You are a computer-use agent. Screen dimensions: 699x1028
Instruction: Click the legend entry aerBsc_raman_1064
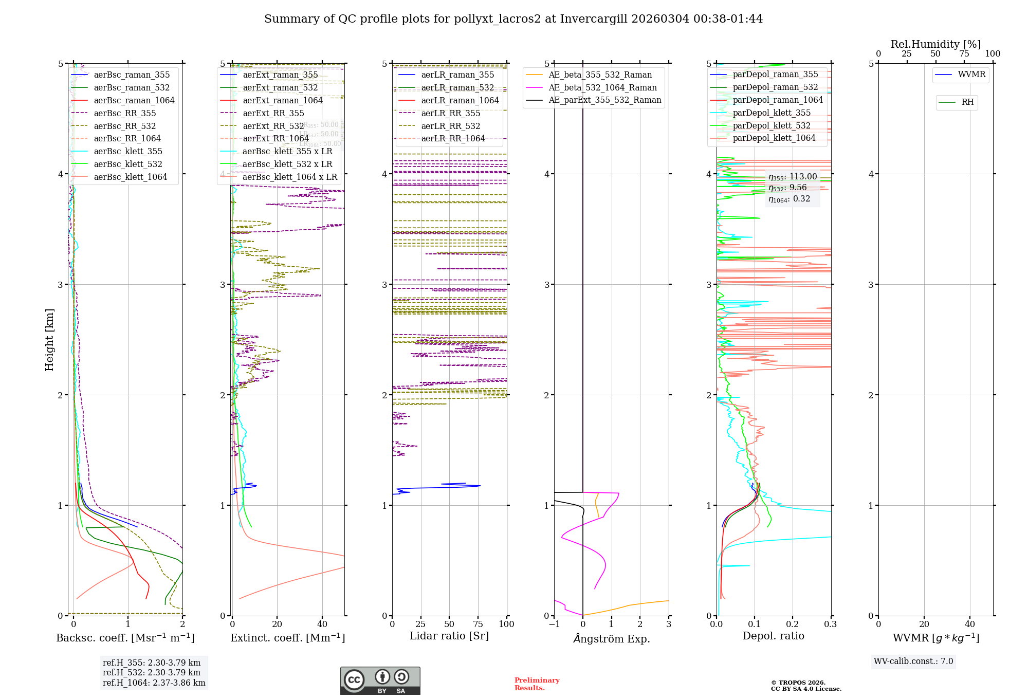click(x=134, y=101)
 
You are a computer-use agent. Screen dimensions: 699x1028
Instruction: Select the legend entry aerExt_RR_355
click(x=273, y=114)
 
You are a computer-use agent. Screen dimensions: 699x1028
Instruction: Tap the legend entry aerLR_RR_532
click(x=450, y=126)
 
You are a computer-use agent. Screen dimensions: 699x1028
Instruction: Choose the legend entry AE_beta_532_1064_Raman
click(x=602, y=88)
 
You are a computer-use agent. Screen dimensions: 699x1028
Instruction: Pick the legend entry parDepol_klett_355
click(x=772, y=113)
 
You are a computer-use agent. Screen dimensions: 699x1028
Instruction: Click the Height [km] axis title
click(x=49, y=340)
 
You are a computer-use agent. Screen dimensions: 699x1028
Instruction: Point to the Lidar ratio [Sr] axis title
click(x=449, y=636)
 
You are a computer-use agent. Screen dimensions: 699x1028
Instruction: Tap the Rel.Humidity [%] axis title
click(x=935, y=44)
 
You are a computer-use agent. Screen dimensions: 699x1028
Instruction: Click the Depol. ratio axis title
click(x=773, y=636)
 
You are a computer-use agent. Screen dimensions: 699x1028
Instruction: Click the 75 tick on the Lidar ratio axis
click(x=478, y=624)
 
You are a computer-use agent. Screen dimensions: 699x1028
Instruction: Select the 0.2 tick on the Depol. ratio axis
click(x=792, y=624)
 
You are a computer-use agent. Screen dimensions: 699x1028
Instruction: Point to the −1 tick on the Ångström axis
click(x=554, y=624)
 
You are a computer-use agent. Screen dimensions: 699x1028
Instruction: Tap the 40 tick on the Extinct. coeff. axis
click(x=322, y=624)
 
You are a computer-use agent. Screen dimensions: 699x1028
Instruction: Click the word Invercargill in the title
click(x=594, y=19)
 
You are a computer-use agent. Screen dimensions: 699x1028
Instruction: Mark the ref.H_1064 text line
click(x=154, y=683)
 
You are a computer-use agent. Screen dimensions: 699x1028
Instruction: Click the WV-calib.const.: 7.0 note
click(x=913, y=661)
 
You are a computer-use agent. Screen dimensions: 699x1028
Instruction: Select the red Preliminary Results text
click(x=537, y=684)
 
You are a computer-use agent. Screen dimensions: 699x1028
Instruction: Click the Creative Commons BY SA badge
click(x=380, y=681)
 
